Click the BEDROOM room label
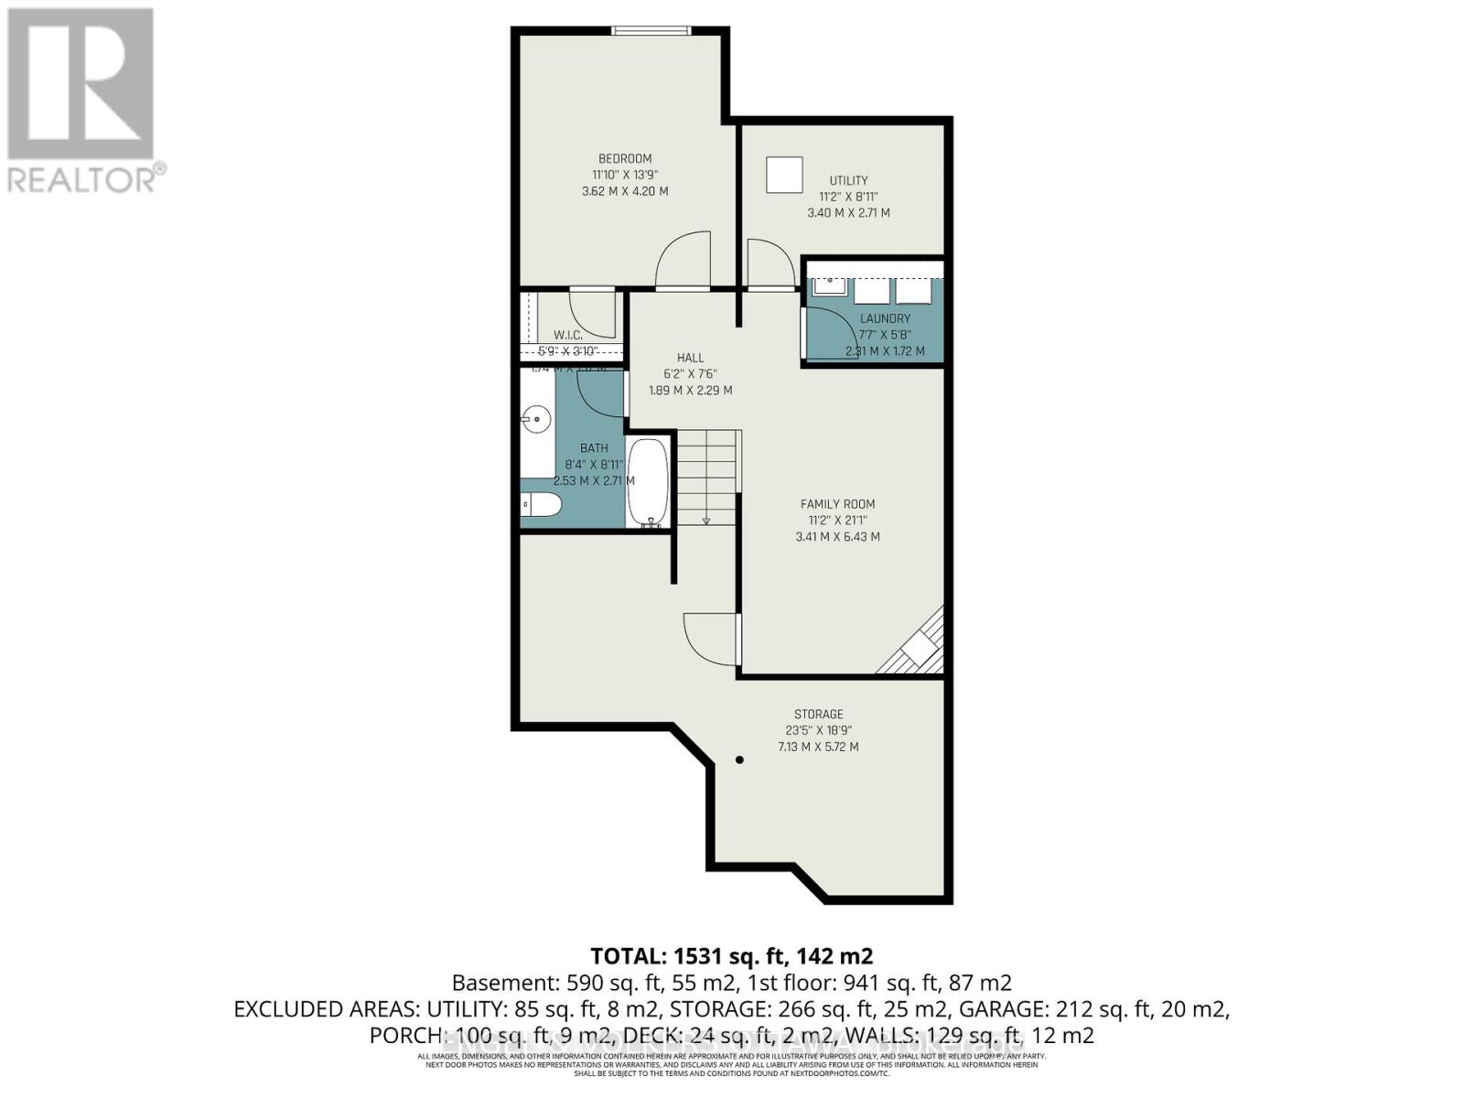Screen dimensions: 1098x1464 (x=625, y=158)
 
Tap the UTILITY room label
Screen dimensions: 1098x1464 (x=848, y=180)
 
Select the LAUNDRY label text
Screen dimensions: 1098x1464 (x=885, y=318)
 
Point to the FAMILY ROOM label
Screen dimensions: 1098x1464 (x=837, y=504)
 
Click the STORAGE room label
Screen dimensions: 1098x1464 (x=818, y=714)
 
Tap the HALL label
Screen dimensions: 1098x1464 (x=690, y=358)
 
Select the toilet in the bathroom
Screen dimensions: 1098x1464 (x=540, y=504)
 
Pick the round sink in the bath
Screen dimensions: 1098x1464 (x=536, y=421)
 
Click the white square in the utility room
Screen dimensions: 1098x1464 (x=784, y=175)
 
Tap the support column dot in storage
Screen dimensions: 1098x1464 (x=740, y=759)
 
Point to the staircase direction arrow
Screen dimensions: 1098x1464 (x=706, y=521)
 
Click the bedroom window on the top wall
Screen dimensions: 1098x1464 (x=651, y=31)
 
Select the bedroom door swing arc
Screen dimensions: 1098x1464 (x=682, y=258)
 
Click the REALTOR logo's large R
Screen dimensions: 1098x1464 (x=81, y=84)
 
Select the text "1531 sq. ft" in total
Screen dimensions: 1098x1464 (x=727, y=956)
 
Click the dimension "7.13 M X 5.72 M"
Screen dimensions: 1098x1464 (x=818, y=747)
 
